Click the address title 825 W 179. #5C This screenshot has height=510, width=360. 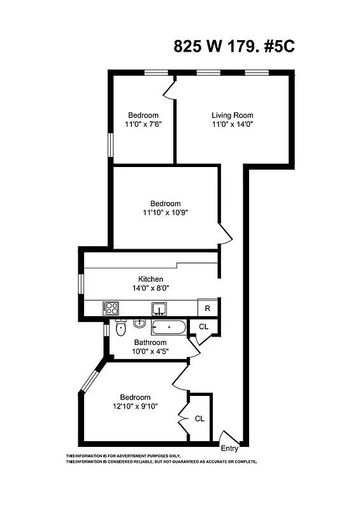pos(234,47)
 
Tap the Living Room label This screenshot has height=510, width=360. pos(233,115)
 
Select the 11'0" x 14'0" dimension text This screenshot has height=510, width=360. pos(233,125)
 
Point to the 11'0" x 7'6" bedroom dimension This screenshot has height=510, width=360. pos(143,125)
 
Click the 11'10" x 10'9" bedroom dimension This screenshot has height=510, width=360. pos(165,214)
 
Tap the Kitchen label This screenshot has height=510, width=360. pos(151,279)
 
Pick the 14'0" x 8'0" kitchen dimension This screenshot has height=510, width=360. pos(151,288)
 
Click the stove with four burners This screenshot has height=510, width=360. pos(111,309)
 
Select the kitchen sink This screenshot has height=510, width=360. pos(159,309)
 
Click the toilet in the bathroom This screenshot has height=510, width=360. pos(121,328)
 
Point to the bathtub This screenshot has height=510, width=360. pos(168,328)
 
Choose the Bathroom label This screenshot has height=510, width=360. pos(150,343)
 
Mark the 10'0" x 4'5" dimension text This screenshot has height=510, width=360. pos(150,352)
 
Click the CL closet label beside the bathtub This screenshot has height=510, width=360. pos(204,326)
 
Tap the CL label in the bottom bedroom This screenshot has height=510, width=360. pos(199,419)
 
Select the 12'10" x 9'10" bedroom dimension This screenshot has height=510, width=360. pos(136,406)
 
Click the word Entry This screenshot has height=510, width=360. pos(229,448)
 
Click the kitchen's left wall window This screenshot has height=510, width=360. pos(81,284)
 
